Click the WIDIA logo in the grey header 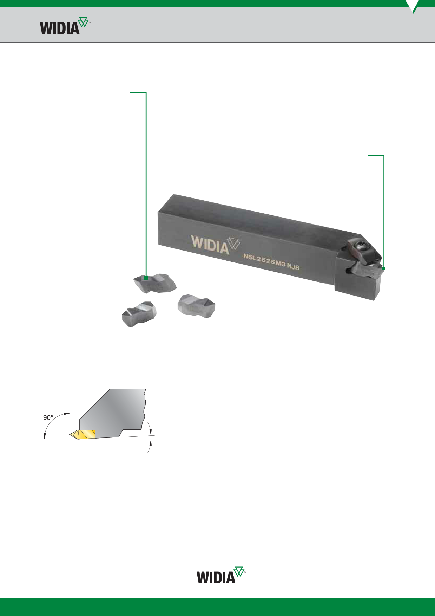65,26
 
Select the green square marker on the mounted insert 384,268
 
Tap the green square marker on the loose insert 146,278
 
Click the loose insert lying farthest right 196,306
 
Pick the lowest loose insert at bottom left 139,314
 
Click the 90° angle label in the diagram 48,417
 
